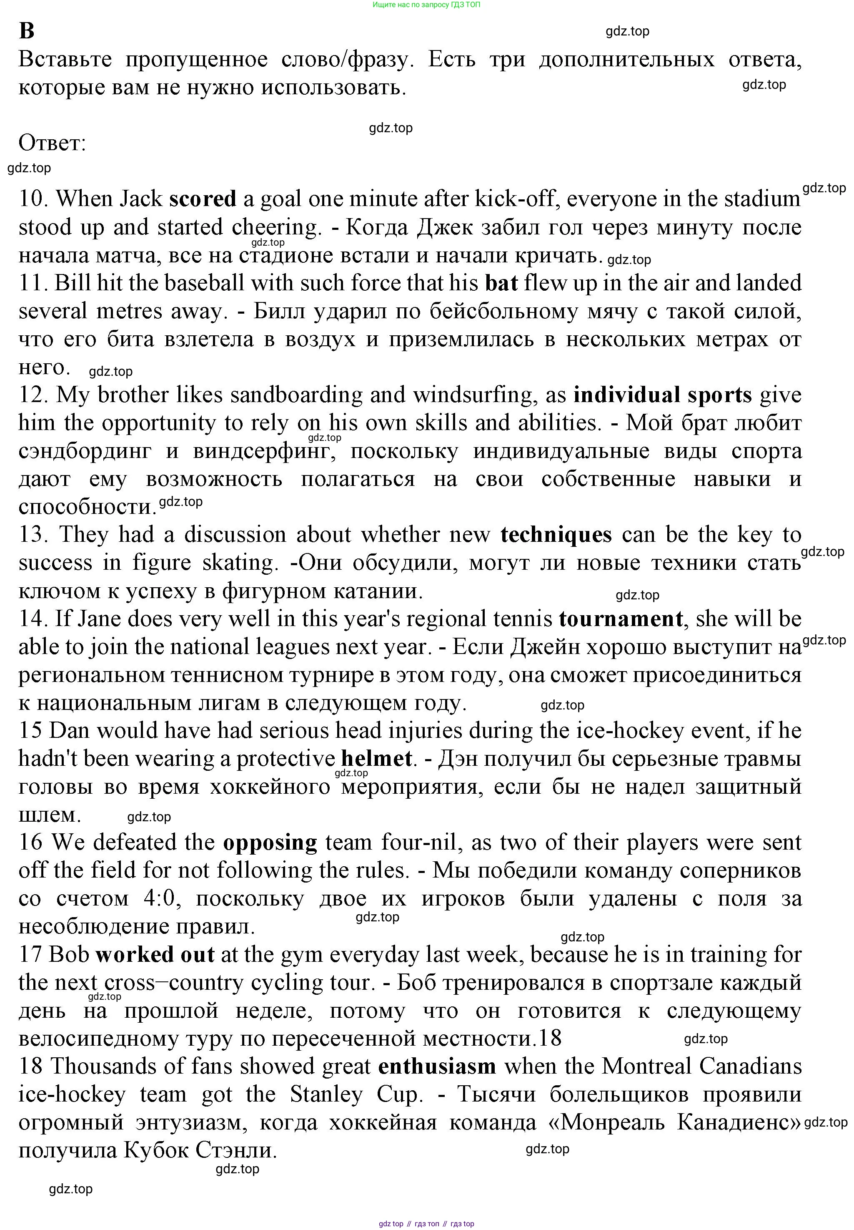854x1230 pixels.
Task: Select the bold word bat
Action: click(x=501, y=283)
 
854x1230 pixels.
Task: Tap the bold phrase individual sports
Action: click(x=662, y=395)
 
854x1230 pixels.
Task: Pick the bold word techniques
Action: click(x=556, y=535)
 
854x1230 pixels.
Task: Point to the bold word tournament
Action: click(x=621, y=619)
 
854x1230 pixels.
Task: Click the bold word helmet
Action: click(x=377, y=759)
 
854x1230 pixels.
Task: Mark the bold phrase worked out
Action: click(x=155, y=955)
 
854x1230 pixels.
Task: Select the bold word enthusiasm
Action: click(x=437, y=1067)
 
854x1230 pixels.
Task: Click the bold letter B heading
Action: click(x=26, y=31)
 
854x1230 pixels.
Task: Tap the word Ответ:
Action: click(x=53, y=143)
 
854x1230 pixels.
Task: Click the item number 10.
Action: click(x=33, y=199)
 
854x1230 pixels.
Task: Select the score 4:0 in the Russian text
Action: click(x=160, y=898)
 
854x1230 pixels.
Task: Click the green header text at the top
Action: click(x=426, y=5)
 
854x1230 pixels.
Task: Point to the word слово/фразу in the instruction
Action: click(x=347, y=60)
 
